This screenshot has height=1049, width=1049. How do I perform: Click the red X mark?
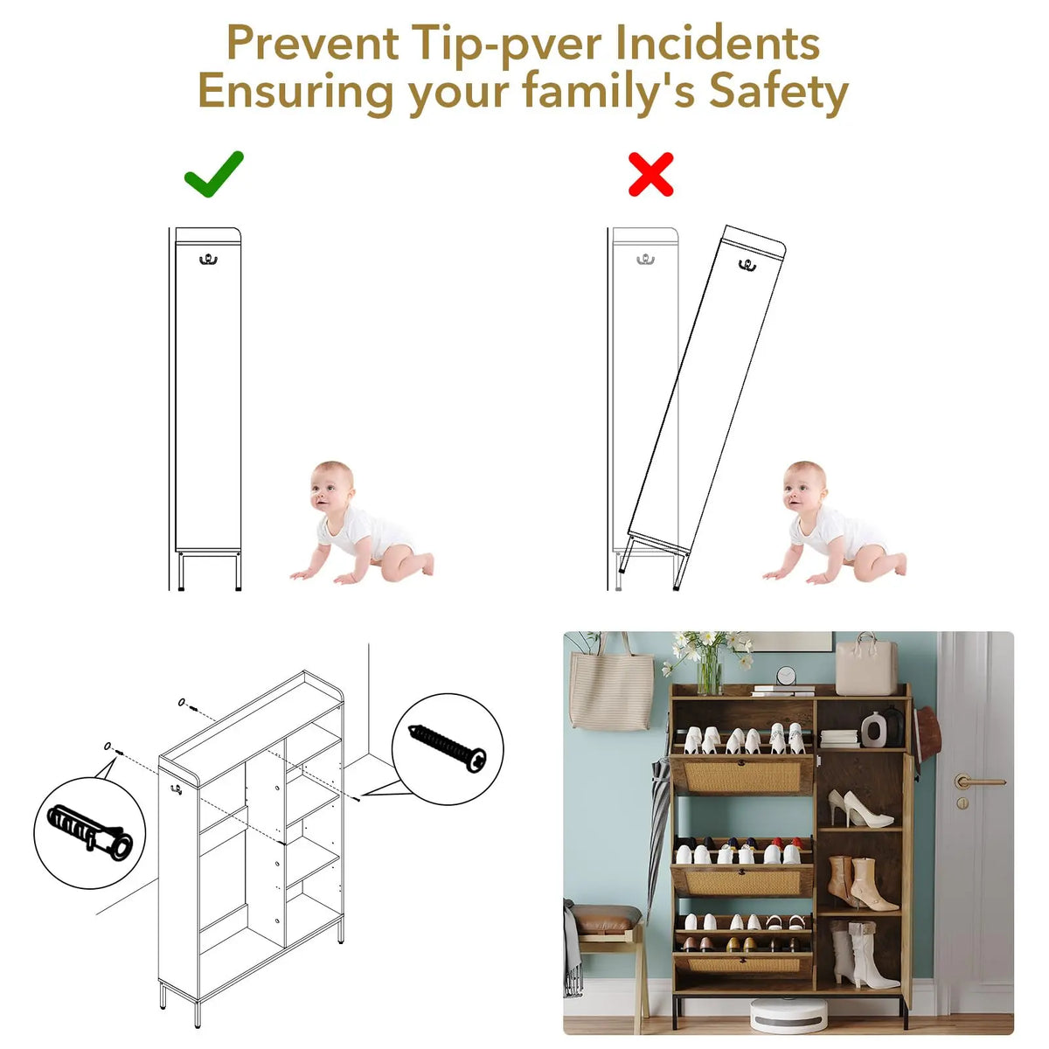tap(650, 174)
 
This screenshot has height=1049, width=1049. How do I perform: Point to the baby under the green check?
tap(362, 523)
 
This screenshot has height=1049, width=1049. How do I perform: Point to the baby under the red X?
tap(835, 523)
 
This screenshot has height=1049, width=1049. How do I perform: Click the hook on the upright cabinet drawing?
tap(208, 260)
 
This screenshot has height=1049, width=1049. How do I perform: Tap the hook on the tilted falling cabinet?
tap(747, 265)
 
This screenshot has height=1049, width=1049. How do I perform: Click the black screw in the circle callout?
tap(448, 747)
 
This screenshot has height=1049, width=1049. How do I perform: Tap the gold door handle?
tap(978, 782)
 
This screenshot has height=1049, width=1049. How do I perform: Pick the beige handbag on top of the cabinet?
tap(866, 665)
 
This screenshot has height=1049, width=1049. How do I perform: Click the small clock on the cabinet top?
tap(786, 676)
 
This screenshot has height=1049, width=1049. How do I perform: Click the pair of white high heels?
tap(859, 810)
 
